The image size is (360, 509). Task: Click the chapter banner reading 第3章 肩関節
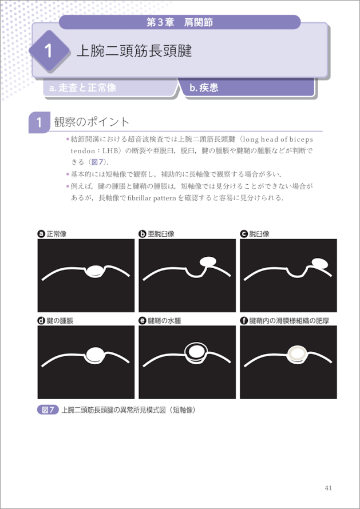coord(180,22)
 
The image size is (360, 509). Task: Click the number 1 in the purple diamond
coord(49,51)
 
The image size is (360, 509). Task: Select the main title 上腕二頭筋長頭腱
coord(134,51)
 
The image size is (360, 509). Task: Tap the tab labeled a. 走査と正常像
coord(82,88)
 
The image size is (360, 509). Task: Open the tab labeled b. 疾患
coord(204,88)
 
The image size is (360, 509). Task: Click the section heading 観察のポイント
coord(92,122)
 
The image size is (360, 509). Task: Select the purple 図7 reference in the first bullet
coord(97,162)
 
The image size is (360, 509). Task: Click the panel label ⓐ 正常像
coord(52,234)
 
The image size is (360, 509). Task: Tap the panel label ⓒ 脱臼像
coord(255,234)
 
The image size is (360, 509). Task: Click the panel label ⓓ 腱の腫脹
coord(56,321)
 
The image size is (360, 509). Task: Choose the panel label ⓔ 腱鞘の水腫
coord(160,321)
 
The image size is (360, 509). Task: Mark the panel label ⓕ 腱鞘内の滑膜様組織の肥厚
coord(284,321)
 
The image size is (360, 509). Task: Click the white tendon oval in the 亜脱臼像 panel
coord(208,261)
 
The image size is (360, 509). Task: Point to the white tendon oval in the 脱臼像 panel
coord(320,263)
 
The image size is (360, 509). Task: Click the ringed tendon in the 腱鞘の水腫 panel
coord(196,351)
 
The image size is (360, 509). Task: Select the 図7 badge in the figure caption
coord(48,410)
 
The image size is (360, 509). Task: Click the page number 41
coord(328,488)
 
